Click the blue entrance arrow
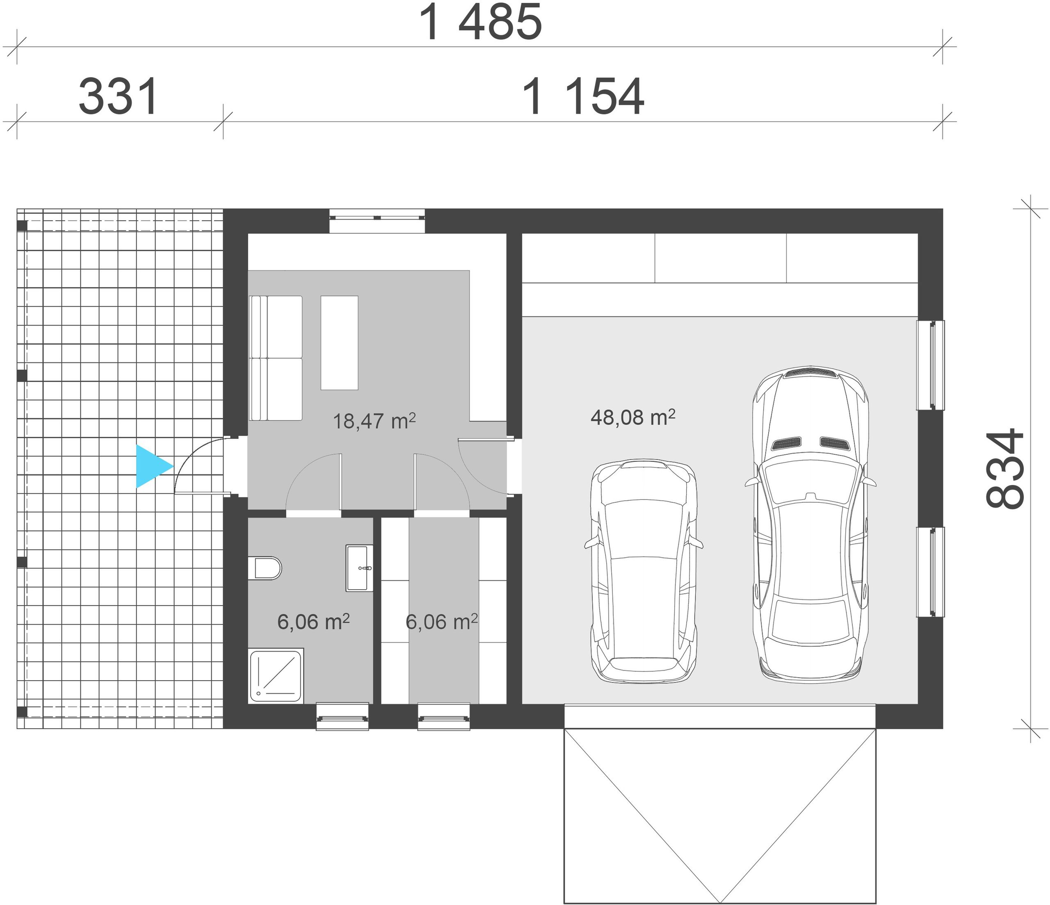tap(152, 466)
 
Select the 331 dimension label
tap(119, 97)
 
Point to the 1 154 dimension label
tap(583, 97)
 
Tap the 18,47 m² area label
tap(374, 421)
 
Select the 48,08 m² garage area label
tap(633, 417)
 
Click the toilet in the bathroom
tap(265, 568)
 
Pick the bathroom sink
tap(359, 568)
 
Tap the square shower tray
tap(276, 675)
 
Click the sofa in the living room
tap(276, 358)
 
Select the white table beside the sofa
tap(340, 342)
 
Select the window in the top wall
tap(377, 221)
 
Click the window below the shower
tap(342, 716)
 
